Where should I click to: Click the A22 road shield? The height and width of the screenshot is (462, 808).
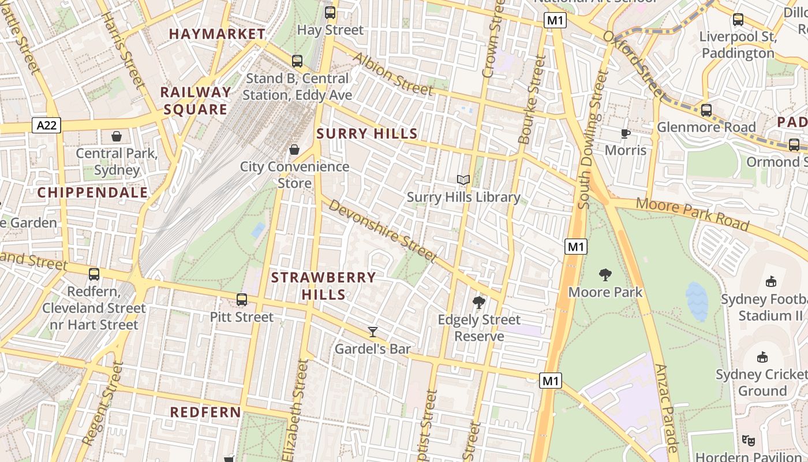click(46, 125)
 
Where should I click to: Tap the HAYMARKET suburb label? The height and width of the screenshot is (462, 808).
click(217, 34)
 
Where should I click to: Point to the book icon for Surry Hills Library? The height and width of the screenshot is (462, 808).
click(463, 180)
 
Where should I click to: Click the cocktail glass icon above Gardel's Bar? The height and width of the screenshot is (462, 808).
click(373, 332)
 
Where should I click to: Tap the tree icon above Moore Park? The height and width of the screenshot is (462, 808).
click(605, 275)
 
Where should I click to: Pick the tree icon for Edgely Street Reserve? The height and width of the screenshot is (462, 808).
click(478, 303)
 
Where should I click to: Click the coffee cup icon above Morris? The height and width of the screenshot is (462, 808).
click(626, 134)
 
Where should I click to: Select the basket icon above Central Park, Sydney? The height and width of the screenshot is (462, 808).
click(117, 136)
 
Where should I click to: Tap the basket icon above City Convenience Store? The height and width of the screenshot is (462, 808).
click(294, 150)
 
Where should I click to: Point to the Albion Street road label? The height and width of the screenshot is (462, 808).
click(392, 74)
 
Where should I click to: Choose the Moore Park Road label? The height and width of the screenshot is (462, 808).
click(693, 213)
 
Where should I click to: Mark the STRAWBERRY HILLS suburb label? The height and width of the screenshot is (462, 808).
click(323, 286)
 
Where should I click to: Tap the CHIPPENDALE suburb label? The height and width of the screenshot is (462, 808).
click(93, 193)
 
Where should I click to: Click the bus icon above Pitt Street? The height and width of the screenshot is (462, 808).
click(242, 300)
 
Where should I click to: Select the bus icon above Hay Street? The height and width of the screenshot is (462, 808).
click(330, 13)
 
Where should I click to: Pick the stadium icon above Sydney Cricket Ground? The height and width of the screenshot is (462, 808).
click(762, 357)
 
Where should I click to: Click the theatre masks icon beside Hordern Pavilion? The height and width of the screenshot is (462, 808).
click(749, 440)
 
